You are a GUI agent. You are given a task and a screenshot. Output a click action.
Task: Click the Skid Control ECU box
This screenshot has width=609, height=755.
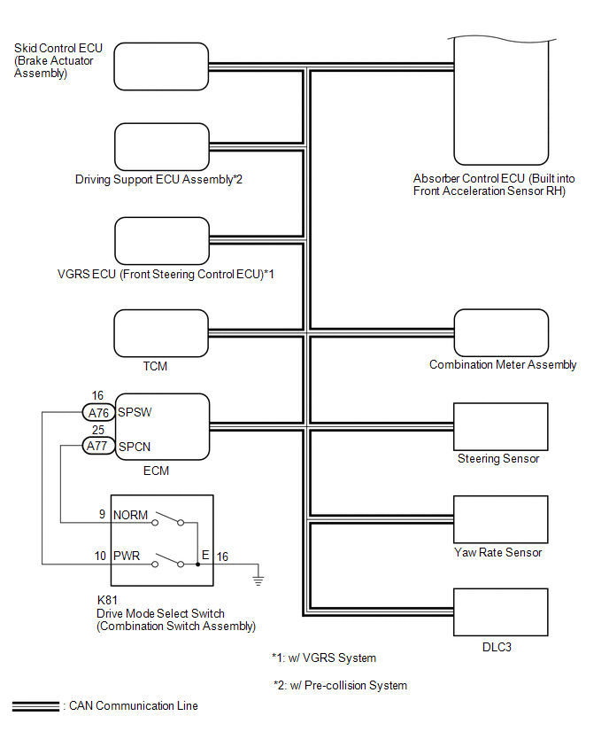[x=162, y=65]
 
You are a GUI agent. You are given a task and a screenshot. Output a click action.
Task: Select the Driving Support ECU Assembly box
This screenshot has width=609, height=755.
[x=162, y=148]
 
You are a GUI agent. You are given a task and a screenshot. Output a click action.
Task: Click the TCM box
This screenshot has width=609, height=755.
[x=162, y=334]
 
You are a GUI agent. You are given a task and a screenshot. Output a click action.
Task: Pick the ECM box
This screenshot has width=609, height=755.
[x=162, y=428]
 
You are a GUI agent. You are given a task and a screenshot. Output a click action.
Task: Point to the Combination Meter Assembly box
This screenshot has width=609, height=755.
[x=500, y=332]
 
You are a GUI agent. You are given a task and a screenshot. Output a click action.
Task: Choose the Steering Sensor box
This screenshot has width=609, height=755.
[x=500, y=426]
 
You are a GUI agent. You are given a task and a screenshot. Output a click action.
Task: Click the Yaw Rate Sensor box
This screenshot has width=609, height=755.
[x=500, y=519]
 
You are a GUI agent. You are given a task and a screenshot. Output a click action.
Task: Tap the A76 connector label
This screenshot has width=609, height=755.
[x=97, y=413]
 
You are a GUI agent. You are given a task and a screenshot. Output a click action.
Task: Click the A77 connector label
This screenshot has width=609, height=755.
[x=97, y=446]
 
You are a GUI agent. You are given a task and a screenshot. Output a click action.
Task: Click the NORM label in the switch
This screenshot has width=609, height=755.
[x=127, y=514]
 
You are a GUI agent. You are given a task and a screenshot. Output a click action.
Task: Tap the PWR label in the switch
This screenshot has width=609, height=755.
[x=126, y=557]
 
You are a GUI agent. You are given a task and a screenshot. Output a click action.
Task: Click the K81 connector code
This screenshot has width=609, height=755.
[x=108, y=600]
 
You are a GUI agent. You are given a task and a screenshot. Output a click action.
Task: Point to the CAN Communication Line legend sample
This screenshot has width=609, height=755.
[x=35, y=706]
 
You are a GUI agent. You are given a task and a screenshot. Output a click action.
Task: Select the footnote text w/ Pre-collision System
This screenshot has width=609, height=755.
[x=340, y=685]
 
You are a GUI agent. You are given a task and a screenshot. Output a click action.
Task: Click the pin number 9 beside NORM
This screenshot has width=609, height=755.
[x=102, y=514]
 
